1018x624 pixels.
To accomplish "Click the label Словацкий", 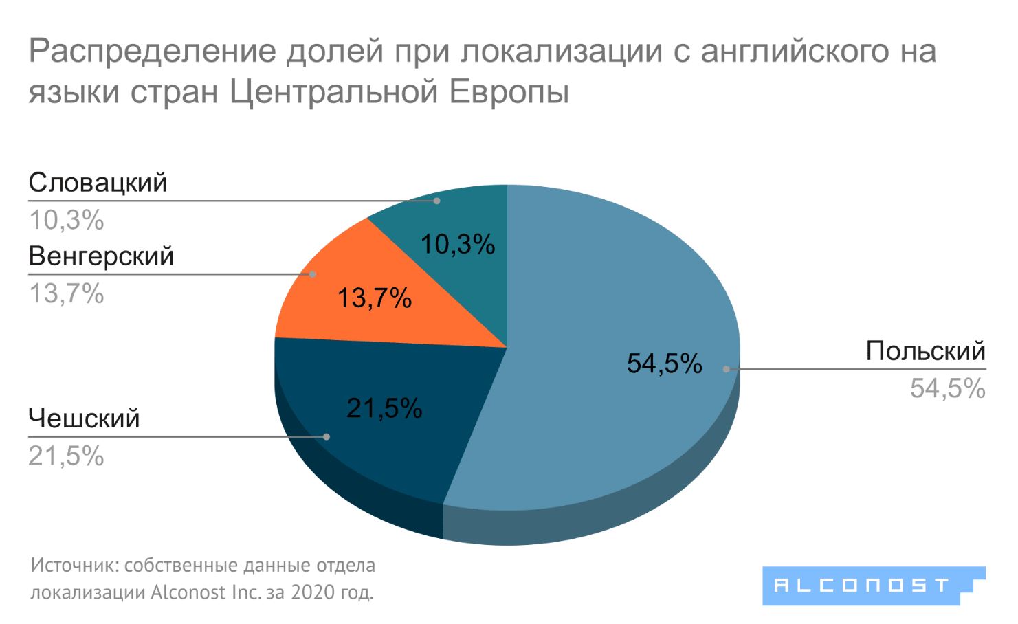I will click(98, 183).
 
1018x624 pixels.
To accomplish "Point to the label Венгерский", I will click(101, 256).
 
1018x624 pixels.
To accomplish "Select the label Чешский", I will click(84, 419).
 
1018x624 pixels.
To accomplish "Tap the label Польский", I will click(925, 351).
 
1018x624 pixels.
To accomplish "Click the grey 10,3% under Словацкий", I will click(66, 221).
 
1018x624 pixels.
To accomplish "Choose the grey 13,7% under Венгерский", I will click(66, 294).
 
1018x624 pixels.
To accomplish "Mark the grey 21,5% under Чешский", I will click(66, 456).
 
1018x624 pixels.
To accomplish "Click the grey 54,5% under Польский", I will click(947, 389).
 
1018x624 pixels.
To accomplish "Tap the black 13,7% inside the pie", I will click(375, 298).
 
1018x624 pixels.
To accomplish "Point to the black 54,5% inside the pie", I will click(664, 364).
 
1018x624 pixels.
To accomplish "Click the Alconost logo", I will click(873, 586).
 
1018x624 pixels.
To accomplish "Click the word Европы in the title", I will click(509, 92).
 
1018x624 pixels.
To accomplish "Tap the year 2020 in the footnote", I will click(313, 592).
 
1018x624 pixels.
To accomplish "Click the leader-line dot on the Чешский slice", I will click(327, 436).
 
